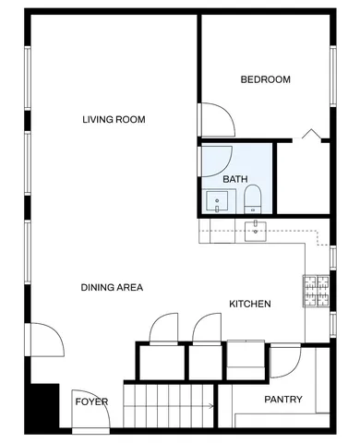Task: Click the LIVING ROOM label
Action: (114, 119)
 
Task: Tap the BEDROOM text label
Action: (265, 79)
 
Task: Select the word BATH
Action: (235, 179)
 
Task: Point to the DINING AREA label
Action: (111, 288)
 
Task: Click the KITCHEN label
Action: (249, 304)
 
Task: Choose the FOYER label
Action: (91, 402)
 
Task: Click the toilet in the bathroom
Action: (253, 198)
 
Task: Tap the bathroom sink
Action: (218, 200)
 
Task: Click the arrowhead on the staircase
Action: (211, 405)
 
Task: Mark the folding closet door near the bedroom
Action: (310, 135)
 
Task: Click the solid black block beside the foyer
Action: (42, 403)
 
